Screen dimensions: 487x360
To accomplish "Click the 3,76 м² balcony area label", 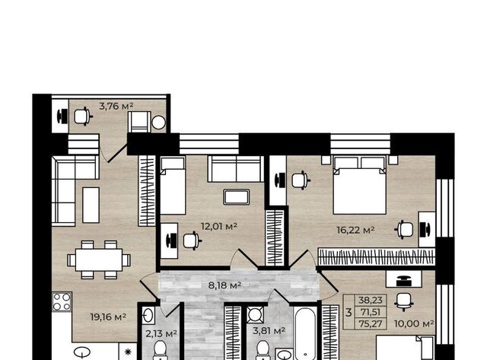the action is coord(116,107).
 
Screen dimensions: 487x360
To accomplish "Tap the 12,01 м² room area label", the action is coord(219,226).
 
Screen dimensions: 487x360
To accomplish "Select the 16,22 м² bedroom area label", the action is coord(355,230).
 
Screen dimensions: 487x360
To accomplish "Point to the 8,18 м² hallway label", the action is coord(224,285).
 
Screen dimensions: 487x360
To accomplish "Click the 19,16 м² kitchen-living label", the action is coord(108,317).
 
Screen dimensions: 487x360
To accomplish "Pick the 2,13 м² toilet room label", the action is coord(161,333).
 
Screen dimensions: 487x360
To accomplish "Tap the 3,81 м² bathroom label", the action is coord(269,331).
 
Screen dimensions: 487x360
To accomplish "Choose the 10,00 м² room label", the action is coord(414,323).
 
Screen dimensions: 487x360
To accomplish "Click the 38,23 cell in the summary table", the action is coord(371,301).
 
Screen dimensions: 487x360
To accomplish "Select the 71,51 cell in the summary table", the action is coord(371,312).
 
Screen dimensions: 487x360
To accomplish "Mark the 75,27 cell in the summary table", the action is coord(371,323).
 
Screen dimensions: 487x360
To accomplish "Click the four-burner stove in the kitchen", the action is coord(62,301).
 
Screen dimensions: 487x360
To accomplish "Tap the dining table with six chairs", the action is coord(99,260).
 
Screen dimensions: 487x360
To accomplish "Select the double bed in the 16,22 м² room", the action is coord(360,185).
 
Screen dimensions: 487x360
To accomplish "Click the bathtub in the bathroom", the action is coord(305,333).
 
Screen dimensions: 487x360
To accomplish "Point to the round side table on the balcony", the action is coord(159,123).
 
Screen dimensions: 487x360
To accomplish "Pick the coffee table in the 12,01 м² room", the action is coord(237,197).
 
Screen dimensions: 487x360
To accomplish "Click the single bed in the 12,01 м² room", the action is coord(173,186).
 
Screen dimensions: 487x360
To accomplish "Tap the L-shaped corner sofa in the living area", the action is coord(75,191).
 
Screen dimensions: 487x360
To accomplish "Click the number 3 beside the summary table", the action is coord(349,312).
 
